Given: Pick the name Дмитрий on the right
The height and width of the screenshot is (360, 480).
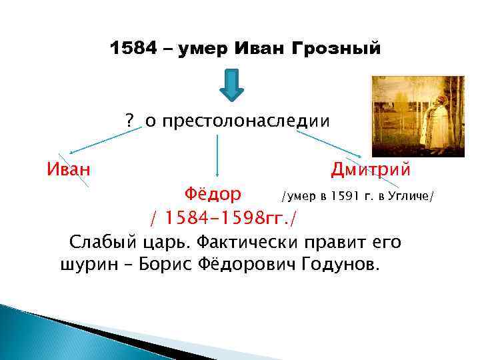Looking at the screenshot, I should coord(370,170).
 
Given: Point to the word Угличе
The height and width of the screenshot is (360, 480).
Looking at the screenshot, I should coord(411,196).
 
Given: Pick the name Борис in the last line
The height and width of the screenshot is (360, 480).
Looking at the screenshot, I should coord(162,265).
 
